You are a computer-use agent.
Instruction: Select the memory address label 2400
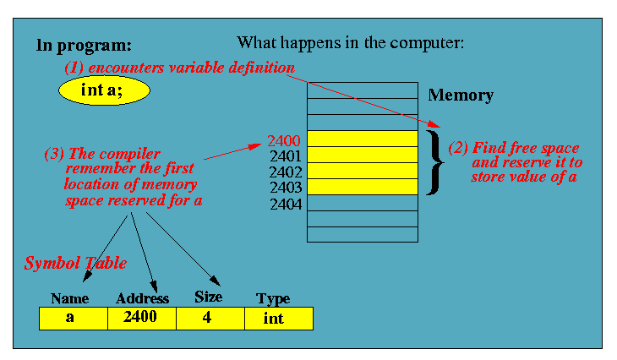pyautogui.click(x=284, y=140)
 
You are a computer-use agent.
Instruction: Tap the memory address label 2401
pyautogui.click(x=285, y=156)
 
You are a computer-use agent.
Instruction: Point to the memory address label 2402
pyautogui.click(x=285, y=172)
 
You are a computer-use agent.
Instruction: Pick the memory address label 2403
pyautogui.click(x=285, y=188)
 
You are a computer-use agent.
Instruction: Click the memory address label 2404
pyautogui.click(x=285, y=204)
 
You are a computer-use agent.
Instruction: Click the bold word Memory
pyautogui.click(x=461, y=95)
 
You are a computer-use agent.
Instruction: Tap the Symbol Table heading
pyautogui.click(x=74, y=264)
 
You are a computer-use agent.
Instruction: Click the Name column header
pyautogui.click(x=70, y=298)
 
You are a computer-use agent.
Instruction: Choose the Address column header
pyautogui.click(x=142, y=298)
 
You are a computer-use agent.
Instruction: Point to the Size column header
pyautogui.click(x=208, y=297)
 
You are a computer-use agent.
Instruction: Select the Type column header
pyautogui.click(x=273, y=298)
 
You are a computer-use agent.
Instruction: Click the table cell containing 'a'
pyautogui.click(x=74, y=319)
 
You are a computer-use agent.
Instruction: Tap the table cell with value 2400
pyautogui.click(x=142, y=319)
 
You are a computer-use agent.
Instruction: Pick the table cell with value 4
pyautogui.click(x=210, y=319)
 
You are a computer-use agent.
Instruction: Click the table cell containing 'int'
pyautogui.click(x=278, y=319)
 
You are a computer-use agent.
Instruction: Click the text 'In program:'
pyautogui.click(x=84, y=45)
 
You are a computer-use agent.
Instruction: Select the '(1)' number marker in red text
pyautogui.click(x=76, y=67)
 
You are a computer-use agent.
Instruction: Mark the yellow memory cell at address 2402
pyautogui.click(x=362, y=172)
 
